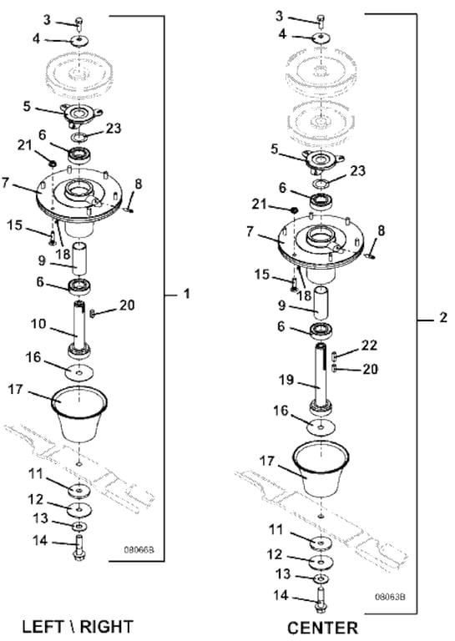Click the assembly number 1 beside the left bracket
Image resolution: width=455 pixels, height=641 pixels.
[187, 294]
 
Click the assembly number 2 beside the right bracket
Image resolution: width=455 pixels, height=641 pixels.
[443, 317]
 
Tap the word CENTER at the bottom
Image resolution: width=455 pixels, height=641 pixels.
[322, 628]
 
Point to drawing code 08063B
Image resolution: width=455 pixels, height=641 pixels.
[391, 597]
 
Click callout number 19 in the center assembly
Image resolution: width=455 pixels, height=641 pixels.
[286, 380]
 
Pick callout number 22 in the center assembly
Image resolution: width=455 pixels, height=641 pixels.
[369, 346]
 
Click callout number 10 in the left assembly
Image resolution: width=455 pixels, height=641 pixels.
[38, 324]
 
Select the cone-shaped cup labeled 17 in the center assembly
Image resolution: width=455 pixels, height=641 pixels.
[321, 469]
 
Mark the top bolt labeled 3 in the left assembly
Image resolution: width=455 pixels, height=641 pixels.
[79, 23]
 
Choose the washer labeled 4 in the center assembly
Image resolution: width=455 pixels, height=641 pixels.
[321, 38]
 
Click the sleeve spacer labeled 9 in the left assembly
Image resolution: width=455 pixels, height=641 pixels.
[78, 259]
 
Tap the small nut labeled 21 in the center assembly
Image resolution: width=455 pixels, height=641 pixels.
[293, 210]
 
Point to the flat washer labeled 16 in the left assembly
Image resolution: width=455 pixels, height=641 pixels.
[79, 371]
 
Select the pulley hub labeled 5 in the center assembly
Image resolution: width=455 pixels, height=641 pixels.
[322, 159]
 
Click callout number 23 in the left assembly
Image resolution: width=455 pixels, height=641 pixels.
[114, 129]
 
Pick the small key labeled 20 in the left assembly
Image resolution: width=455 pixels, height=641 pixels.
[92, 314]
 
